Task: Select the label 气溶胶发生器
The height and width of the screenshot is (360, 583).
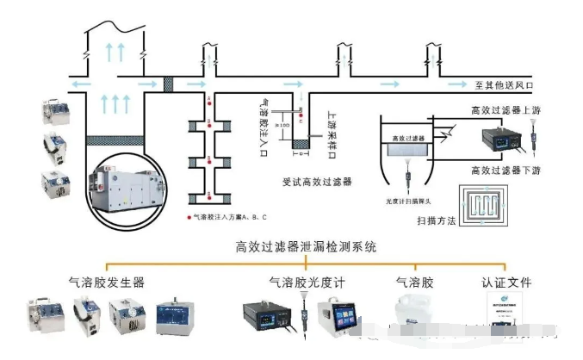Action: [x=107, y=281]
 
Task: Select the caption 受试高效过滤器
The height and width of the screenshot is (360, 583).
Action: [x=317, y=182]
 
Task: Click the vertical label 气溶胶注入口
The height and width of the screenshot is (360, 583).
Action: [x=266, y=121]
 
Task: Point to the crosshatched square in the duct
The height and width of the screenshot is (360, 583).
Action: [x=169, y=84]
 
